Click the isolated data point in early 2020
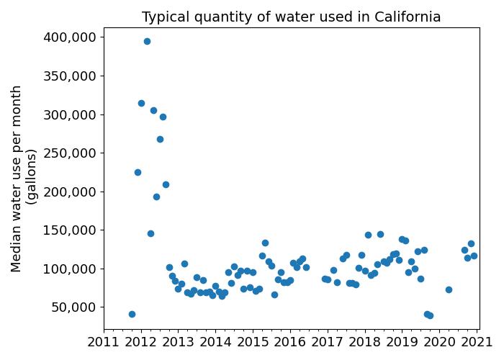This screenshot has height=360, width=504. pos(449,289)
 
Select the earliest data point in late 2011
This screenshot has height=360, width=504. pos(132,314)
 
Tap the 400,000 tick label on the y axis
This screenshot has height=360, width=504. pos(71,37)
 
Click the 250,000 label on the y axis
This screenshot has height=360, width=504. pos(71,153)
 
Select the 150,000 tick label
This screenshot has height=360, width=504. pos(71,230)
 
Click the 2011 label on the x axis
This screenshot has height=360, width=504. pos(103,341)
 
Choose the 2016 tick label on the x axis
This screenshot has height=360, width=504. pos(290,341)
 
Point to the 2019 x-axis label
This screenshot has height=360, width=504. pos(402,341)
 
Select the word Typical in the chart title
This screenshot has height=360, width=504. pos(167,17)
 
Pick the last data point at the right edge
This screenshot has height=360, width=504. pos(474,256)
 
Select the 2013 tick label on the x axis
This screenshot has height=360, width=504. pos(178,341)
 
